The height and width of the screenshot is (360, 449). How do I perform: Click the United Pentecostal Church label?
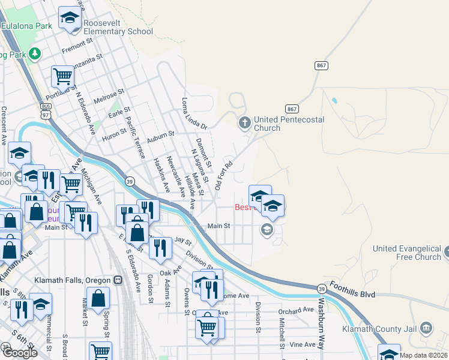(289, 124)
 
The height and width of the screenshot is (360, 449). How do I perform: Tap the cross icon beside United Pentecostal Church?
(244, 123)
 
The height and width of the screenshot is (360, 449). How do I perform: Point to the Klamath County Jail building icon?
(426, 328)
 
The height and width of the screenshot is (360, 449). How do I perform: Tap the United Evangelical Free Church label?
(407, 253)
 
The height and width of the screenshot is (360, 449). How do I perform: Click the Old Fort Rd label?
(223, 174)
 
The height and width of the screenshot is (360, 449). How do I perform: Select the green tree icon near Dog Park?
(35, 54)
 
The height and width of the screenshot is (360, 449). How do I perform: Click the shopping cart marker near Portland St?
(62, 77)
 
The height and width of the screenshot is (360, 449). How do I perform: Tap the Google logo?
(20, 352)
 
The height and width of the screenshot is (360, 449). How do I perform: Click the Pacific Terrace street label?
(134, 135)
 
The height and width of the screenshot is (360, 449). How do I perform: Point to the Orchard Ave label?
(296, 310)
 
